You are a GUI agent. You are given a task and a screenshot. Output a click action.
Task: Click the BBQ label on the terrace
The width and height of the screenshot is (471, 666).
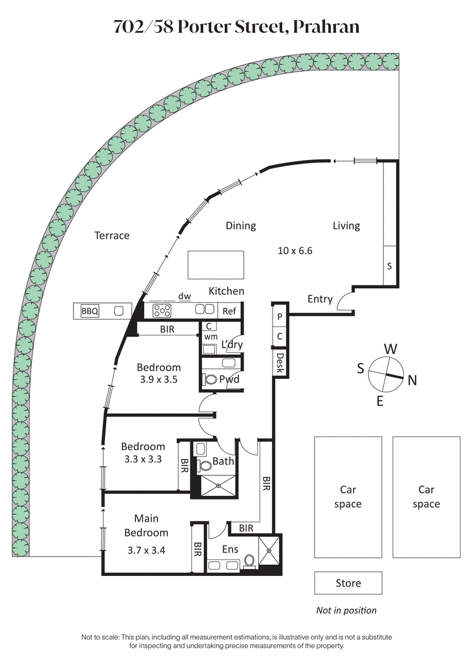point(90,311)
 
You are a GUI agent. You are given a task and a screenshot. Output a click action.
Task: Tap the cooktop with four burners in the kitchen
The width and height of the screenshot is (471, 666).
point(162,310)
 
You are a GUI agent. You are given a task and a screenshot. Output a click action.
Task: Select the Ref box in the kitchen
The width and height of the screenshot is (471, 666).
point(229,310)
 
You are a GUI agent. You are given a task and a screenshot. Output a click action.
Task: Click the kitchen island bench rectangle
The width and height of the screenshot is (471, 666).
point(215,265)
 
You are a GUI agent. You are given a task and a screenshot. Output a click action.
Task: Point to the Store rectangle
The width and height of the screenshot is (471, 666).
point(348,583)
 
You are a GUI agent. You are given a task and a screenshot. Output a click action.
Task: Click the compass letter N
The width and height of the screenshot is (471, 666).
point(412,381)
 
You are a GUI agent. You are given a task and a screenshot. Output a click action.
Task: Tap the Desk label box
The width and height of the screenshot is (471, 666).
point(280,363)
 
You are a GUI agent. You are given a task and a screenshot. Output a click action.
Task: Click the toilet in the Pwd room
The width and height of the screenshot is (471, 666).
point(210,379)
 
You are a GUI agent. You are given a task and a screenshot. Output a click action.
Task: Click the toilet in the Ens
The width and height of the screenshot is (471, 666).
point(250,560)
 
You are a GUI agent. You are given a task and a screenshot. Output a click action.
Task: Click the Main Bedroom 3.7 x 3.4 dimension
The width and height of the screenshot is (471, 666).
point(146,551)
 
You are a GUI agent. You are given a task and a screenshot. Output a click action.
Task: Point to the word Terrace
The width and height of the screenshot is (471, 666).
point(112,235)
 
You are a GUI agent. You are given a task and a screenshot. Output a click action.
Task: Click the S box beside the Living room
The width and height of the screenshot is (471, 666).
point(389,266)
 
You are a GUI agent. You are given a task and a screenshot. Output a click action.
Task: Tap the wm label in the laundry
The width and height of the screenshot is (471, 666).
point(210,337)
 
